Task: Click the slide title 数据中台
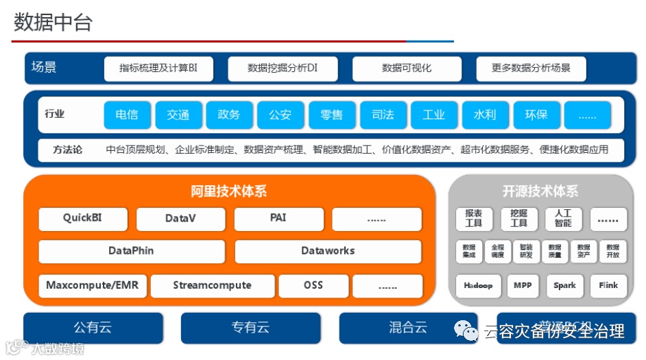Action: pos(53,23)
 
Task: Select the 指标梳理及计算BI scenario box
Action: pos(158,69)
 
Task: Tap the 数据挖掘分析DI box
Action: pos(283,69)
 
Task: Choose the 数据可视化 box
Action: pos(407,69)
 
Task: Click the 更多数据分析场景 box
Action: pos(531,69)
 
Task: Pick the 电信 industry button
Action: pos(127,115)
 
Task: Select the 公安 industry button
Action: pos(280,115)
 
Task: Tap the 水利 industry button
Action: pos(485,115)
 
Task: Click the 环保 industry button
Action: pos(536,115)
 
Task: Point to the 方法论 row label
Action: pos(68,149)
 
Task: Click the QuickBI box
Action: pos(84,219)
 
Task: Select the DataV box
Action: pos(181,219)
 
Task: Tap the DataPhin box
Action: pos(131,251)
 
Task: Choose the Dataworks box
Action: pos(328,251)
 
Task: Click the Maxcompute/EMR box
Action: pos(92,285)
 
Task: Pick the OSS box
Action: pos(313,285)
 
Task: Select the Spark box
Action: pos(565,286)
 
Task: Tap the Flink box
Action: pos(608,286)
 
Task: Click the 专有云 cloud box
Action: pos(250,328)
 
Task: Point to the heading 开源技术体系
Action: pos(540,191)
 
